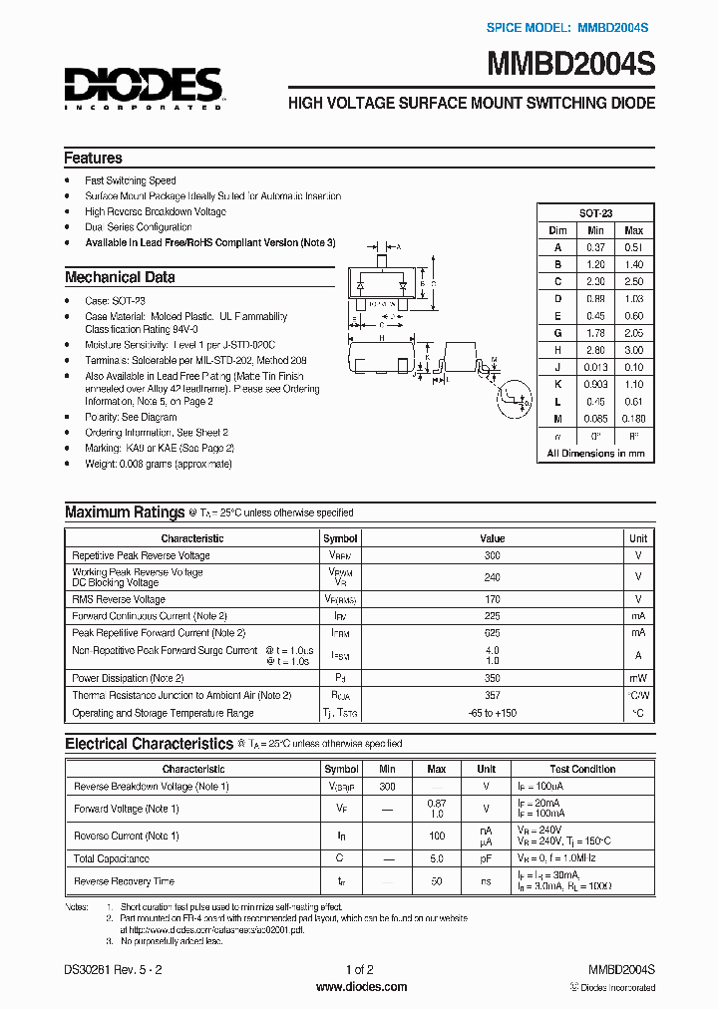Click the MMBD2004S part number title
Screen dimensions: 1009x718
pyautogui.click(x=570, y=67)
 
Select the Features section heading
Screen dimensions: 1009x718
pyautogui.click(x=93, y=158)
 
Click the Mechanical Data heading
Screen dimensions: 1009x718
pyautogui.click(x=120, y=277)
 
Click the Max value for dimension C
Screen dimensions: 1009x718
pyautogui.click(x=633, y=281)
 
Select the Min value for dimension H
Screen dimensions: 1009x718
pyautogui.click(x=596, y=350)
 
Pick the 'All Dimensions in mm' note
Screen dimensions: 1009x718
pyautogui.click(x=596, y=453)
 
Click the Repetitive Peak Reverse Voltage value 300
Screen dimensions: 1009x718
pyautogui.click(x=492, y=555)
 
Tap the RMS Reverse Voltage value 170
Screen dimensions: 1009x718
pyautogui.click(x=492, y=599)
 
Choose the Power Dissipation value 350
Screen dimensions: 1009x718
pyautogui.click(x=492, y=678)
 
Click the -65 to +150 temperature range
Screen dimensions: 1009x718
pyautogui.click(x=492, y=713)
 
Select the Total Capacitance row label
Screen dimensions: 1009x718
pyautogui.click(x=112, y=858)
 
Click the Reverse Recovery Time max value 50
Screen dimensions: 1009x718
pyautogui.click(x=436, y=881)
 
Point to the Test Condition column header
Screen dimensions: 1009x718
pyautogui.click(x=582, y=769)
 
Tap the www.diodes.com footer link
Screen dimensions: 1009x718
pyautogui.click(x=360, y=987)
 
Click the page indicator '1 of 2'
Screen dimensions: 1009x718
pyautogui.click(x=359, y=970)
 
